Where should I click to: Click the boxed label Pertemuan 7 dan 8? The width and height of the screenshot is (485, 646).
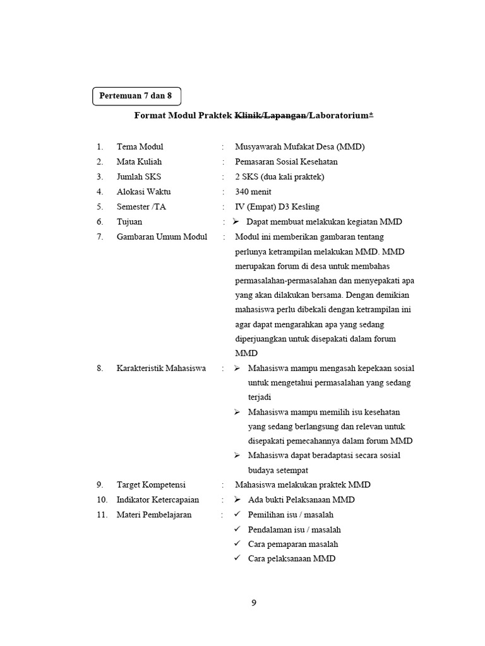click(136, 96)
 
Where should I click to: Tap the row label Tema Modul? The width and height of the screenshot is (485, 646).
click(140, 147)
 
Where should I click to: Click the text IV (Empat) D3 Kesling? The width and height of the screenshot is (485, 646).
click(277, 206)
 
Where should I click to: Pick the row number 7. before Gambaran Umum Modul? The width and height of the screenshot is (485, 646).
click(100, 237)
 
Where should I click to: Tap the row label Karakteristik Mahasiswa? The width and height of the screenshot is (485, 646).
click(161, 368)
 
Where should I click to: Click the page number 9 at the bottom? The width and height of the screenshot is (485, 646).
click(254, 602)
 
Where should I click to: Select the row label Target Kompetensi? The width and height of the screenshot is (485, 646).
click(151, 485)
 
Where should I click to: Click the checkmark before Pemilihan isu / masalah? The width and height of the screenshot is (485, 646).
click(237, 515)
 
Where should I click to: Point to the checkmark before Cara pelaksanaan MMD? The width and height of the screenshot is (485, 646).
click(237, 558)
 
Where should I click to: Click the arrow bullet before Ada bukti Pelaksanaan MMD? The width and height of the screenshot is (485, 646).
click(237, 500)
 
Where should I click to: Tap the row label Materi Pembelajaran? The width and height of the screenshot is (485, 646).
click(154, 515)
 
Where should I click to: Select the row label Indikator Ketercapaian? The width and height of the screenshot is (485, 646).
click(157, 500)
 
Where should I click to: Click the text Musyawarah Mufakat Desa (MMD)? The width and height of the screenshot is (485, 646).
click(300, 147)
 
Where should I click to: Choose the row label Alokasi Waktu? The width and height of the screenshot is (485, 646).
click(143, 192)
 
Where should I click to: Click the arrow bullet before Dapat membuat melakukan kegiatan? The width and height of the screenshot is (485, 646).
click(236, 221)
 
